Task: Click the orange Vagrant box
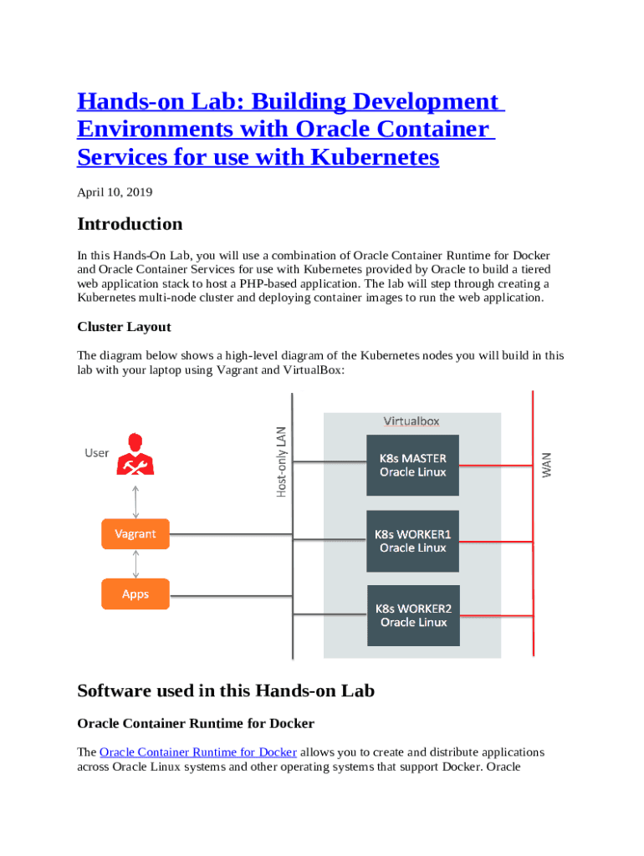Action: (135, 534)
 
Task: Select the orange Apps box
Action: (135, 594)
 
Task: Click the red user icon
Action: (135, 455)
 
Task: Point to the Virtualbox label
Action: (411, 421)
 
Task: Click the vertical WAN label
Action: (547, 465)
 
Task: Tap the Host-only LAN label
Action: (282, 462)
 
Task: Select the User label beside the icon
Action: (97, 453)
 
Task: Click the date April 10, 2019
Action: (115, 192)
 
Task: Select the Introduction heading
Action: (130, 224)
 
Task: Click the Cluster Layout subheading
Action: (124, 326)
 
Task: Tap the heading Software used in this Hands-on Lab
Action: (226, 690)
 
